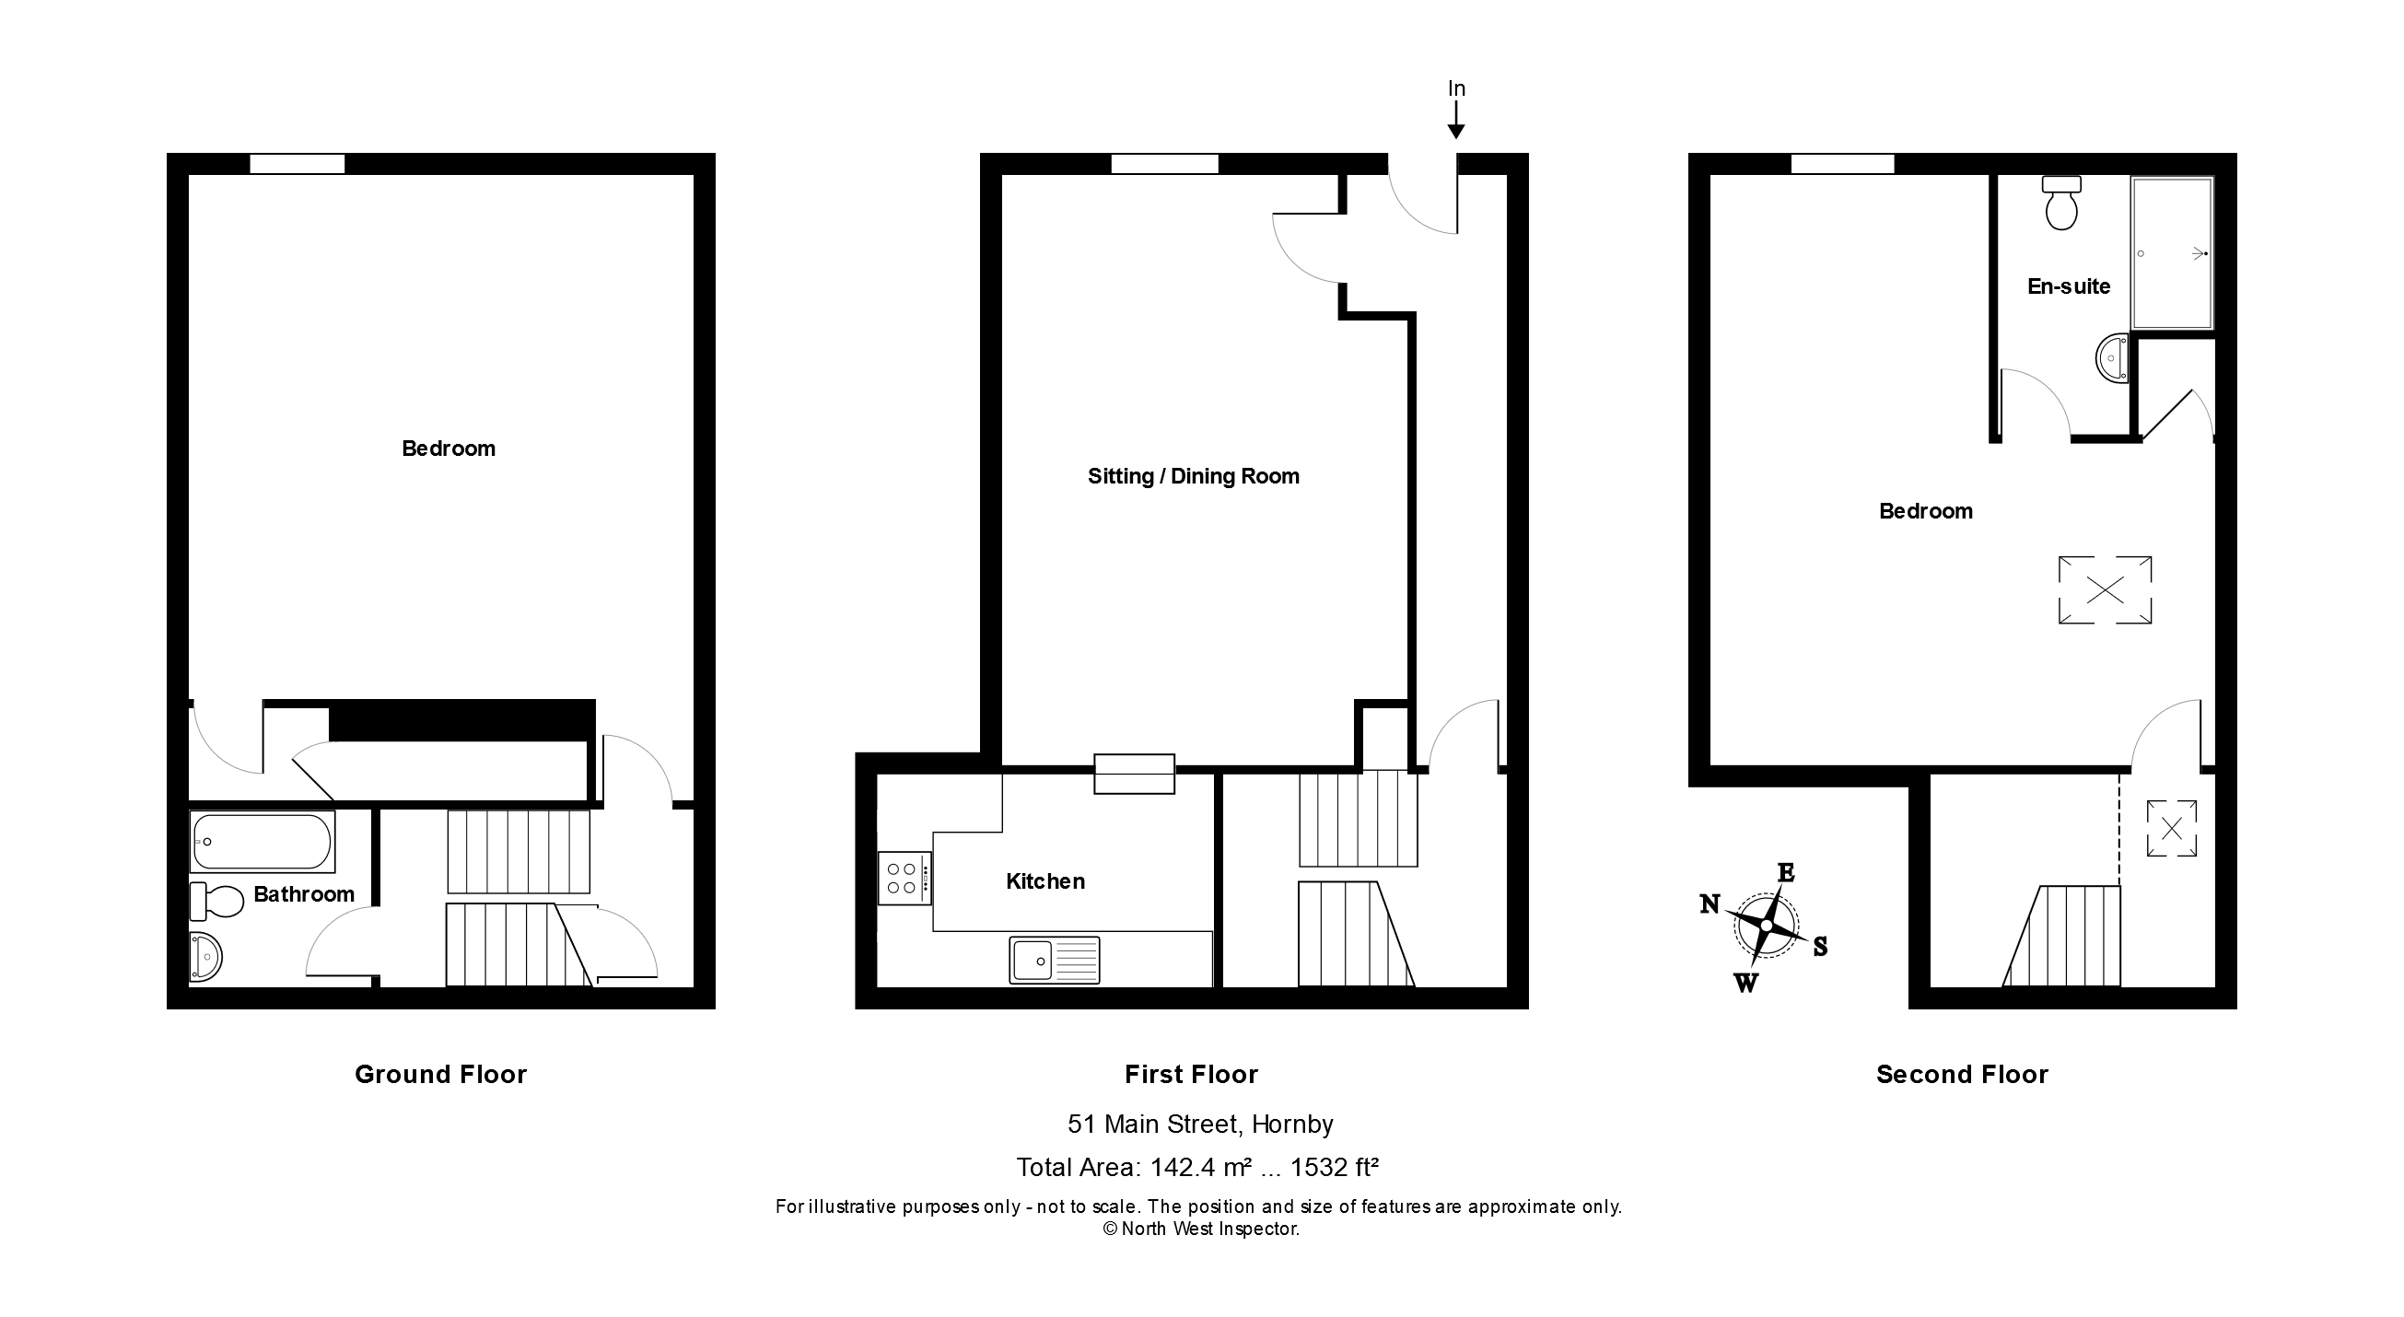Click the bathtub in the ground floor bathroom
(x=263, y=842)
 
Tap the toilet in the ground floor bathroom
(x=216, y=901)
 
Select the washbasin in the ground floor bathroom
(x=205, y=957)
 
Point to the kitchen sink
(x=1054, y=960)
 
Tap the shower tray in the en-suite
(x=2173, y=253)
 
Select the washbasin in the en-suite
(x=2113, y=358)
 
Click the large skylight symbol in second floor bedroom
(x=2106, y=590)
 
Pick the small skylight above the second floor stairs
(x=2172, y=828)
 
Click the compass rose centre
(x=1766, y=926)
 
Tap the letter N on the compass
(x=1710, y=903)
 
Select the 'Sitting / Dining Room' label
(x=1193, y=477)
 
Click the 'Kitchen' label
(x=1045, y=882)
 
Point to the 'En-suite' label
(x=2068, y=286)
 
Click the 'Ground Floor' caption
(x=440, y=1074)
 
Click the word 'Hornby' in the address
(x=1291, y=1124)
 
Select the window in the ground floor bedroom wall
(x=297, y=164)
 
